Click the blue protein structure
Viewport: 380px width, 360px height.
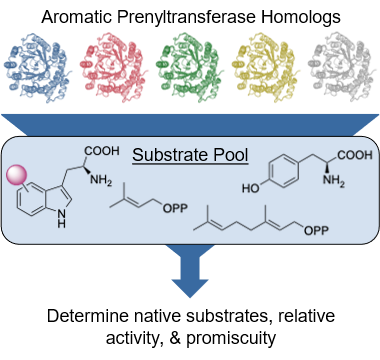click(36, 67)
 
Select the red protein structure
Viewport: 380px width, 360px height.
click(113, 67)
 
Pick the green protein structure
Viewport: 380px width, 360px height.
click(189, 67)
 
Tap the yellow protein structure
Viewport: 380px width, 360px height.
click(265, 67)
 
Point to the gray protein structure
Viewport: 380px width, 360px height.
click(341, 67)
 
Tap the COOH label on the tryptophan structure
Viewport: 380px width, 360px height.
click(102, 151)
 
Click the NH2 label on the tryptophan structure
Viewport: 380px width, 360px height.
click(101, 180)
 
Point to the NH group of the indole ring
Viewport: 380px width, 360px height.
click(61, 219)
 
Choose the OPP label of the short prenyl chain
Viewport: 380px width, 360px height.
click(175, 208)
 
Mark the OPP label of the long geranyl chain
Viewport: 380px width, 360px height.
click(316, 230)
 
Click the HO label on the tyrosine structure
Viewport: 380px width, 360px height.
click(251, 189)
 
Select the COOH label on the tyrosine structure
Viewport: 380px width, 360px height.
click(355, 155)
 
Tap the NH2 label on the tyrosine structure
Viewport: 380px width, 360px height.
click(334, 180)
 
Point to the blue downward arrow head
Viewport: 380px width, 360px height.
click(190, 288)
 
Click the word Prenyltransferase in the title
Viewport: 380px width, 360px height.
click(186, 17)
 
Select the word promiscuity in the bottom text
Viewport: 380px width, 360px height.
click(231, 338)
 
